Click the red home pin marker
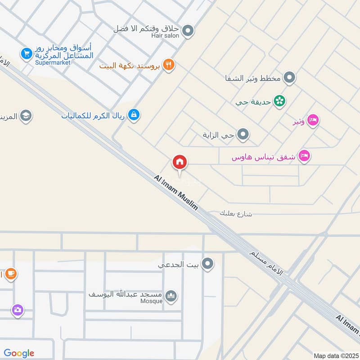point(180,162)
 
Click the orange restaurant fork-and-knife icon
point(169,65)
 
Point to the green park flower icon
point(280,101)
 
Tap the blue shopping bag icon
point(134,116)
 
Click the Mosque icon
point(171,296)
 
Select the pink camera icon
point(18,310)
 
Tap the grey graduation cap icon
point(26,116)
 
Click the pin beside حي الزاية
point(243,135)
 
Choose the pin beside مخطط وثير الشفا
point(290,78)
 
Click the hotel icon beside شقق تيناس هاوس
point(305,156)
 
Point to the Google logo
point(19,353)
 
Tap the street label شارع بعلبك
point(236,213)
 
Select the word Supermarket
point(53,63)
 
